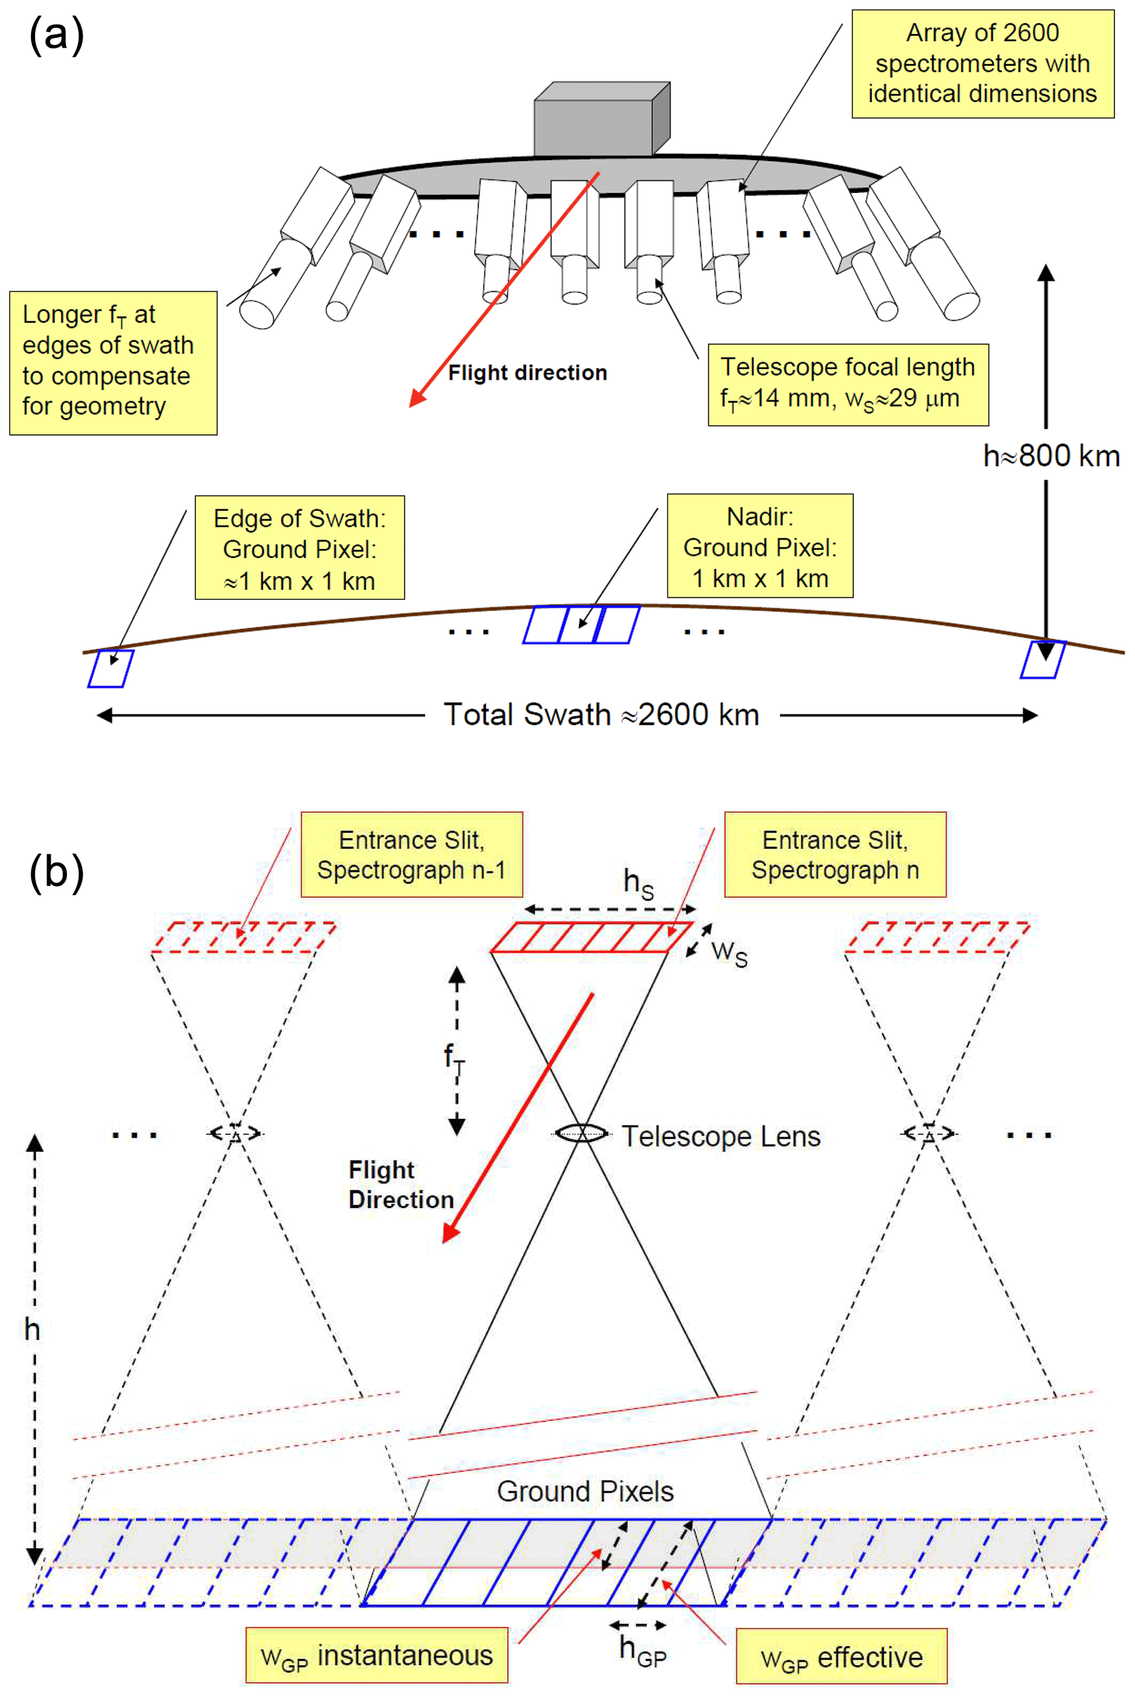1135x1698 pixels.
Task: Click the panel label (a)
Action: (x=57, y=36)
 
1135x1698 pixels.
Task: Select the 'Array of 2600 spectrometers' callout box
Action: (x=982, y=64)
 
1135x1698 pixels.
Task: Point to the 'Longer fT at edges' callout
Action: (x=113, y=362)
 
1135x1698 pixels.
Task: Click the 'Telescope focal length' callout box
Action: (x=848, y=385)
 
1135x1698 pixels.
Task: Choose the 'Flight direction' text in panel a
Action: (x=527, y=373)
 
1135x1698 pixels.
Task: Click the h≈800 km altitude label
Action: (x=1051, y=456)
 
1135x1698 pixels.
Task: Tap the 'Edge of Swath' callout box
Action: (x=300, y=548)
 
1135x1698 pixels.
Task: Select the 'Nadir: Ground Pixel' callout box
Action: (x=759, y=546)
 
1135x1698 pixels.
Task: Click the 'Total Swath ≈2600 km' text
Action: (x=601, y=715)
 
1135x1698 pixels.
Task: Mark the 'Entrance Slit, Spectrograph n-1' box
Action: (x=411, y=854)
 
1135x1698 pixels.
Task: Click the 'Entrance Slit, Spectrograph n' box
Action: (x=835, y=854)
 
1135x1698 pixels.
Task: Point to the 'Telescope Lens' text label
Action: (x=721, y=1136)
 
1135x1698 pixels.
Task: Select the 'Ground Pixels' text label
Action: (x=585, y=1491)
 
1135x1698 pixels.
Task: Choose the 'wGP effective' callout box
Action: (x=841, y=1657)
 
